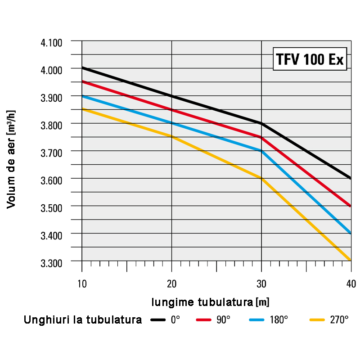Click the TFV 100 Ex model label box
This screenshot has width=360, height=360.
[310, 59]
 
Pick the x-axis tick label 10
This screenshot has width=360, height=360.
[81, 283]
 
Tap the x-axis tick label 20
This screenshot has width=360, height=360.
[171, 283]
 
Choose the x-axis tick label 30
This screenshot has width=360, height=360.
[261, 283]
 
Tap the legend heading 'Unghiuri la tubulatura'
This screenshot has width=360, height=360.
[83, 320]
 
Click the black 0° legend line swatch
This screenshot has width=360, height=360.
[158, 320]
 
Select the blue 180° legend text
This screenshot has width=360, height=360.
[279, 320]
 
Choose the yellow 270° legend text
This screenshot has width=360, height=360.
[339, 320]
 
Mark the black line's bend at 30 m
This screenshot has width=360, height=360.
[261, 123]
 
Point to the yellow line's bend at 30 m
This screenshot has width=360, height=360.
[261, 178]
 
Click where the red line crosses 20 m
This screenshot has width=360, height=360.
[171, 110]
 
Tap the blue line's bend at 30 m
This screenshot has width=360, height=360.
[261, 151]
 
